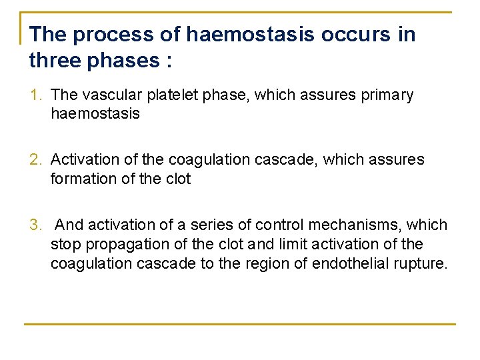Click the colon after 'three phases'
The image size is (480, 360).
[x=167, y=61]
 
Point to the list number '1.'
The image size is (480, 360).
[x=37, y=95]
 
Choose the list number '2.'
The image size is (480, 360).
[x=37, y=159]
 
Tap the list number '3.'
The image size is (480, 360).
[x=37, y=225]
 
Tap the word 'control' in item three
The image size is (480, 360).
[x=279, y=225]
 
